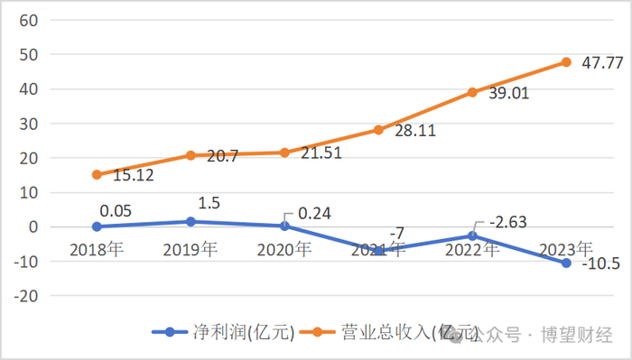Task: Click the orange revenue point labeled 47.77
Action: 566,62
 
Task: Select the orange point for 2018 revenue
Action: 97,175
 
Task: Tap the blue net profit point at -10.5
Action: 566,263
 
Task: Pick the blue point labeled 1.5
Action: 191,221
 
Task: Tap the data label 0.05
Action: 116,209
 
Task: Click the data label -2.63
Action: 507,222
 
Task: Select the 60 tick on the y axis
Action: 28,21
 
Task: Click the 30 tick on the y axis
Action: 28,124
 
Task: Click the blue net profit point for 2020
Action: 284,226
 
